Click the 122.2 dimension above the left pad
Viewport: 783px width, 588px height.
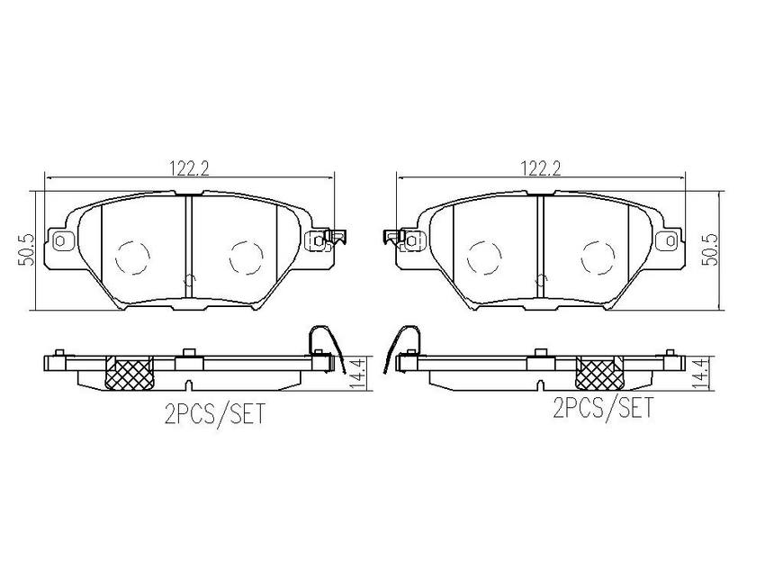tap(188, 168)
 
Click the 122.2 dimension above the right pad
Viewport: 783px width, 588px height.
tap(541, 168)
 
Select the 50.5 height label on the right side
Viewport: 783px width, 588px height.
tap(709, 250)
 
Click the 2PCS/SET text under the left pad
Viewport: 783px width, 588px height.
tap(214, 414)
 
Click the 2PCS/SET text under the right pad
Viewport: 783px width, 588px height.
tap(603, 407)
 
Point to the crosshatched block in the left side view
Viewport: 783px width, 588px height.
tap(130, 374)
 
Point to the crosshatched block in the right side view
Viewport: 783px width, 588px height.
tap(599, 374)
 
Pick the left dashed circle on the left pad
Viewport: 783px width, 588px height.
tap(133, 258)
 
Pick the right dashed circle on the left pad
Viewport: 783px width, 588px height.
tap(247, 258)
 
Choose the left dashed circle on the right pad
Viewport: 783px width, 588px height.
tap(484, 258)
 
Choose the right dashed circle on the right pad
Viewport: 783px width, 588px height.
tap(598, 258)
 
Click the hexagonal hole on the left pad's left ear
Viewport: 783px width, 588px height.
tap(60, 242)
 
